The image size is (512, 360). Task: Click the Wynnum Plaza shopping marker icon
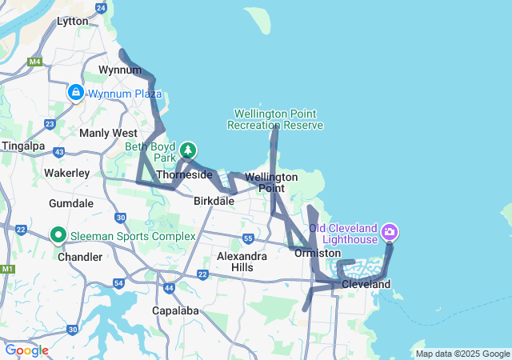pyautogui.click(x=75, y=93)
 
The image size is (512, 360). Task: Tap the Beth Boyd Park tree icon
pyautogui.click(x=188, y=150)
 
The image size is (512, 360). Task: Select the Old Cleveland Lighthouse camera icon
pyautogui.click(x=390, y=233)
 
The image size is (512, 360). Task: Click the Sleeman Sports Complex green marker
pyautogui.click(x=58, y=235)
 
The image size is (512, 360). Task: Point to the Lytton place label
pyautogui.click(x=73, y=22)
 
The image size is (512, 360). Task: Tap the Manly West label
pyautogui.click(x=108, y=133)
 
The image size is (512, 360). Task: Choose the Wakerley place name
pyautogui.click(x=66, y=172)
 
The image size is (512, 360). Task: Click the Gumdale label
pyautogui.click(x=71, y=203)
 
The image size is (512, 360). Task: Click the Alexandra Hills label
pyautogui.click(x=242, y=262)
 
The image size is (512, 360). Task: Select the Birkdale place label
pyautogui.click(x=214, y=201)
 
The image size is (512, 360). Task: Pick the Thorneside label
pyautogui.click(x=185, y=174)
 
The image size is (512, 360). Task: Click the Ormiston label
pyautogui.click(x=318, y=253)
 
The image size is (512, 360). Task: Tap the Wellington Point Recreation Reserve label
pyautogui.click(x=275, y=119)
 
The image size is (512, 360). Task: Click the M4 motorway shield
pyautogui.click(x=34, y=61)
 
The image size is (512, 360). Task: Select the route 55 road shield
pyautogui.click(x=249, y=238)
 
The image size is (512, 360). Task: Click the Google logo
pyautogui.click(x=26, y=350)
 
